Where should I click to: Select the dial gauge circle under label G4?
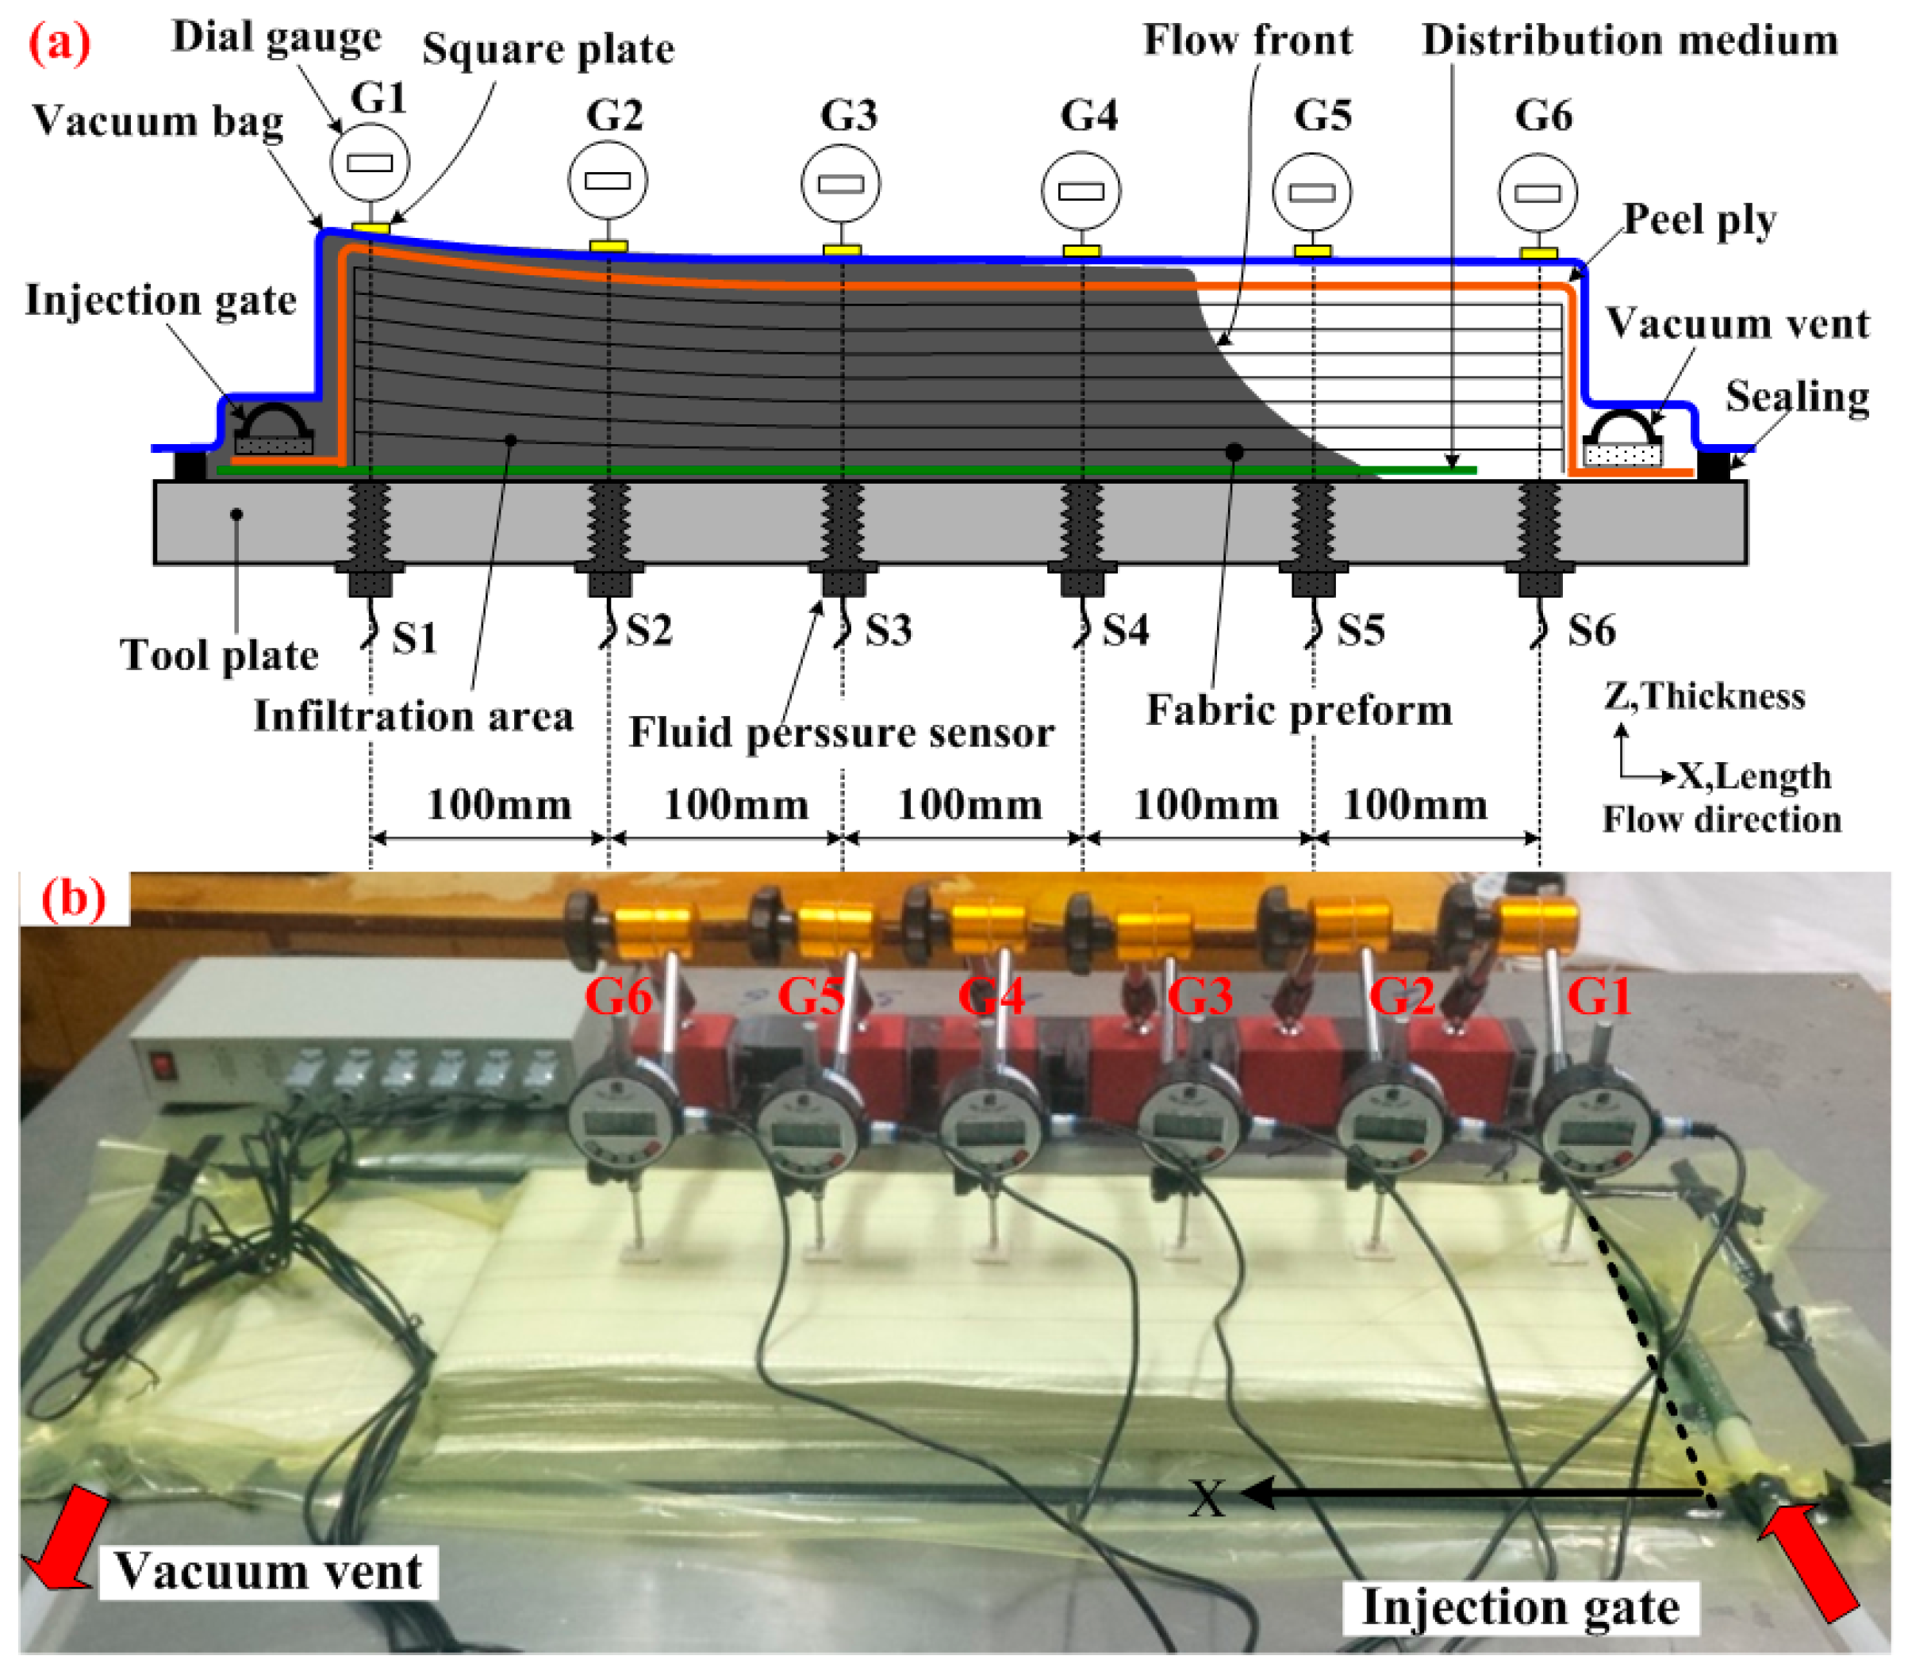[x=1081, y=191]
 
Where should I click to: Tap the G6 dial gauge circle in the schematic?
[x=1538, y=193]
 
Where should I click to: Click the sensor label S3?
[x=887, y=630]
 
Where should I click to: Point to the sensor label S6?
[x=1590, y=630]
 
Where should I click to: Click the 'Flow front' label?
[x=1247, y=40]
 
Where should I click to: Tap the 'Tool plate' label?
[x=219, y=654]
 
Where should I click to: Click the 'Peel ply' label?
[x=1699, y=220]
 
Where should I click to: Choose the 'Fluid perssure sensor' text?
[x=841, y=732]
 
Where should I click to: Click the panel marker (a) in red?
[x=60, y=43]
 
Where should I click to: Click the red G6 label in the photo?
[x=617, y=996]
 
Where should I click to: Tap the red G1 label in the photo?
[x=1599, y=996]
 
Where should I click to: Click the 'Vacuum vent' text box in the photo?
[x=267, y=1571]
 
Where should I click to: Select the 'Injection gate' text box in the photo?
[x=1520, y=1607]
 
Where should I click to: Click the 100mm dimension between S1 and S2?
[x=499, y=805]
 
